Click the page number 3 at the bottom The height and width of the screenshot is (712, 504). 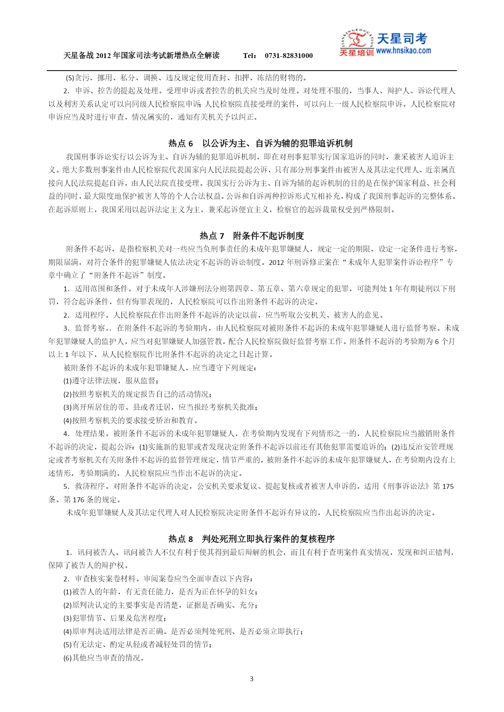251,679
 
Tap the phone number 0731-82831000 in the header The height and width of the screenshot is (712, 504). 288,56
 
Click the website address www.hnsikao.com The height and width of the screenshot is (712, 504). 403,51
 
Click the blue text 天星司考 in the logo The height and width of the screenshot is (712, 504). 402,39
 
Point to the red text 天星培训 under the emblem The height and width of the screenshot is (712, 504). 356,53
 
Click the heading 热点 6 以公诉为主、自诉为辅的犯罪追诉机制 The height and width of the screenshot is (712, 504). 260,143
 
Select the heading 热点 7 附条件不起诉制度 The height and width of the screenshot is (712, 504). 252,236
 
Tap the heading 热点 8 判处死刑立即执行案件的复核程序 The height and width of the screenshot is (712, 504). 252,539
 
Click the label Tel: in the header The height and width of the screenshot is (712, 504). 250,56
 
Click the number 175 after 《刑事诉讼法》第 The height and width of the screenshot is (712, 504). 448,486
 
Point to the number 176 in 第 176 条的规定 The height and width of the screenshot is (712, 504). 78,500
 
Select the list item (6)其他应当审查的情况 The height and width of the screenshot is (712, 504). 104,658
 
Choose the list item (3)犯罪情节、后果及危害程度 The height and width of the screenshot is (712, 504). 115,618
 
